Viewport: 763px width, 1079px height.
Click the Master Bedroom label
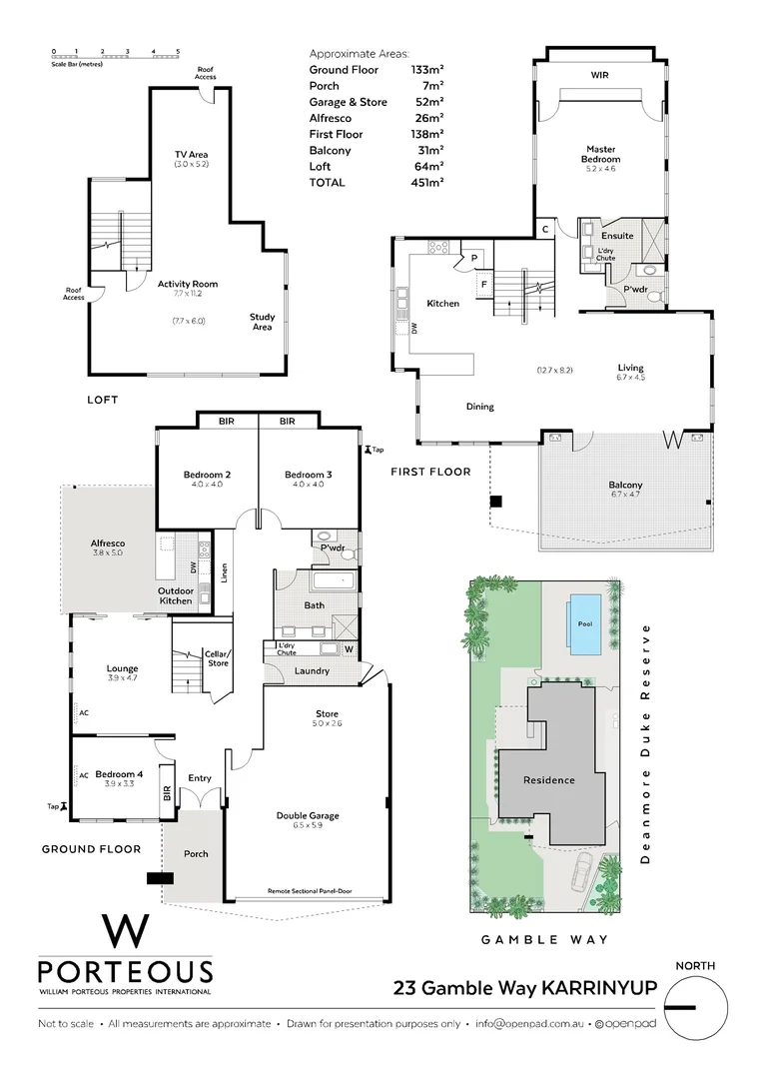(x=601, y=154)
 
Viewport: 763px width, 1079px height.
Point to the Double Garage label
(x=308, y=815)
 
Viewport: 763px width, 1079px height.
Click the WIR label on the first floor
(x=599, y=75)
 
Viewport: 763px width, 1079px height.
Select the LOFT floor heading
(x=101, y=400)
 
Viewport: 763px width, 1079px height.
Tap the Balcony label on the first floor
(x=625, y=486)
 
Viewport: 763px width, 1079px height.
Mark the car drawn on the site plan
(x=579, y=877)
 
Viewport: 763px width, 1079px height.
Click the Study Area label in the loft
(x=262, y=322)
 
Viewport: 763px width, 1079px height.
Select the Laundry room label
(x=312, y=670)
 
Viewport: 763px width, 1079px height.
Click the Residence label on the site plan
(x=550, y=780)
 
